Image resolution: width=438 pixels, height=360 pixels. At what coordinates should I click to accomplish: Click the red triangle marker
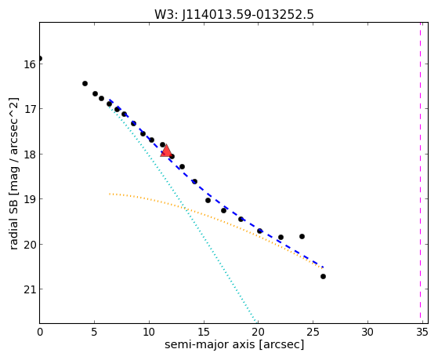coord(166,151)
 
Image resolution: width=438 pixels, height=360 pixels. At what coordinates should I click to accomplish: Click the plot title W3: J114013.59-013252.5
coord(234,15)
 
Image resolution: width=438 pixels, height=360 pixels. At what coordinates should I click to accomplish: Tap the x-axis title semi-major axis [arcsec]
coord(234,344)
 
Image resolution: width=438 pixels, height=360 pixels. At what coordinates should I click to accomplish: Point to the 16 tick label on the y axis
coord(29,64)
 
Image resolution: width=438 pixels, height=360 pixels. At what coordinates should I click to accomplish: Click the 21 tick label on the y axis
coord(29,289)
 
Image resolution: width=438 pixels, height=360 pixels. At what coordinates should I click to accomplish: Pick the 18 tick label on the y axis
coord(29,155)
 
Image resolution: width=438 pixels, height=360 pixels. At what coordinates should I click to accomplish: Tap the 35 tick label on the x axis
coord(422,333)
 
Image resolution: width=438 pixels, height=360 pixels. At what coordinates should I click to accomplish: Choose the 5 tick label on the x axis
coord(94,333)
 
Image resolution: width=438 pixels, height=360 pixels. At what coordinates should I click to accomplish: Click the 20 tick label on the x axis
coord(258,333)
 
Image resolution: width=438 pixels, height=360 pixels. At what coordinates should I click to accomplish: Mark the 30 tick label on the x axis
coord(367,333)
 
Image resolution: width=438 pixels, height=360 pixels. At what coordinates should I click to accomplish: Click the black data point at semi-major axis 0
coord(40,59)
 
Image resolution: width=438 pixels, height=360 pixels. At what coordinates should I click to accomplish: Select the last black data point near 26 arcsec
coord(323,276)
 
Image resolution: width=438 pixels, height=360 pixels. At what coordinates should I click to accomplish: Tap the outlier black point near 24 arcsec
coord(302,236)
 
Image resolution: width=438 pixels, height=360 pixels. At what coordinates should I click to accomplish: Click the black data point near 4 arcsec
coord(85,83)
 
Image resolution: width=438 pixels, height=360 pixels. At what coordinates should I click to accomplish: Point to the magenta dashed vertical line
coord(420,173)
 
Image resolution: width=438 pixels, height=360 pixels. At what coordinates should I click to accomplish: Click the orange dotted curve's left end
coord(110,194)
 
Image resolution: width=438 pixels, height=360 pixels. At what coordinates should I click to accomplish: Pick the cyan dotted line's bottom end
coord(256,322)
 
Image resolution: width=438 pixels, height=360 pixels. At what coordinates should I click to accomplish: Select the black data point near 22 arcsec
coord(281,237)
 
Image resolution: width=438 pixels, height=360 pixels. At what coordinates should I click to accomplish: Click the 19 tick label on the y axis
coord(29,199)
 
